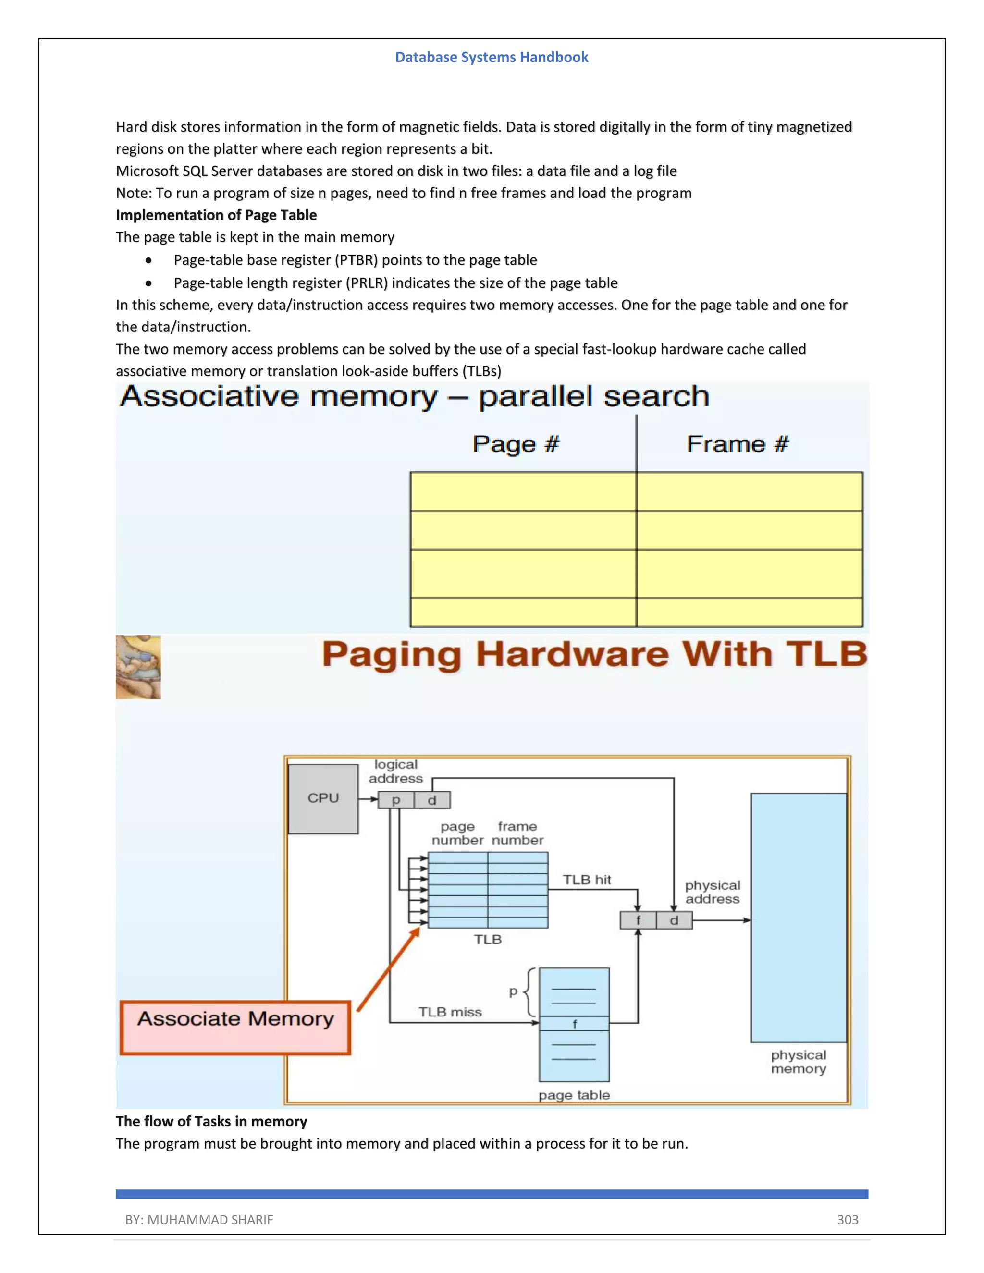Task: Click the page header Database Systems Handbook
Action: pos(492,57)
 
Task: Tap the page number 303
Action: pos(847,1219)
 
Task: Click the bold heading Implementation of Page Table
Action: pos(216,215)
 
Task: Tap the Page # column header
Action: pos(516,444)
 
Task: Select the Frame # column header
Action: pos(738,444)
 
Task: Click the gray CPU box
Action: pos(323,798)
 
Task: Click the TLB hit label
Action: pos(587,880)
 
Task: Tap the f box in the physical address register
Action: pos(638,920)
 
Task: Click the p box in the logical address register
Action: pos(396,800)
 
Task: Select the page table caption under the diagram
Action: pos(574,1095)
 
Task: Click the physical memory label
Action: pos(798,1062)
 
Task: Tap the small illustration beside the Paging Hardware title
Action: pos(138,667)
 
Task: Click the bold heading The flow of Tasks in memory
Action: pos(211,1122)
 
